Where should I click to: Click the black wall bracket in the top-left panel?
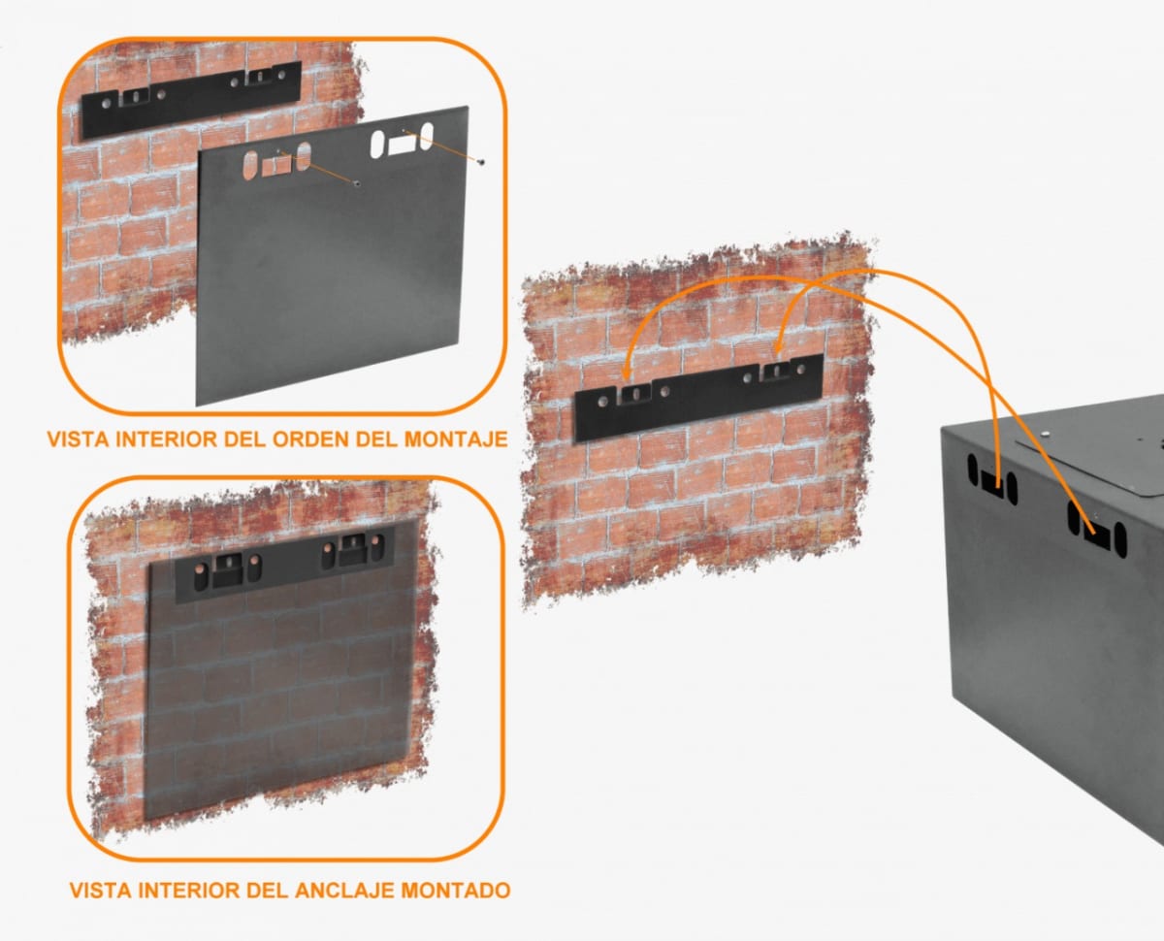pos(190,100)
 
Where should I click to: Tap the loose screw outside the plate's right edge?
pos(482,161)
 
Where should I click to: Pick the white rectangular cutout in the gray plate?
pos(401,146)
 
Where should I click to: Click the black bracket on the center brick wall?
pos(698,398)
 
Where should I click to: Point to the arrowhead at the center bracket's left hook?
pos(627,378)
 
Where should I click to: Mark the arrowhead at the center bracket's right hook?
pos(781,349)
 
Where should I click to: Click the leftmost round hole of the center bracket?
pos(604,400)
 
